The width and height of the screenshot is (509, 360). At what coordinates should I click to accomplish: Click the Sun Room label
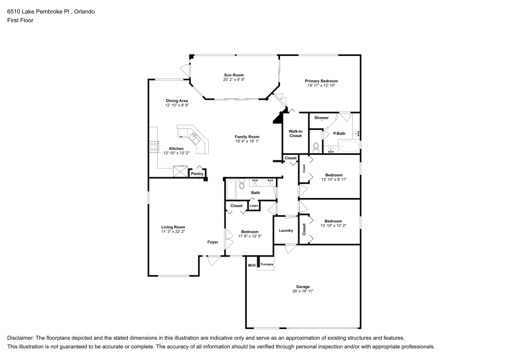click(234, 75)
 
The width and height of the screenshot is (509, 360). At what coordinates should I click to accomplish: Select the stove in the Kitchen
click(152, 147)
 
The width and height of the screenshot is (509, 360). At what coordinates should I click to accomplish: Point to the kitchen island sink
click(194, 137)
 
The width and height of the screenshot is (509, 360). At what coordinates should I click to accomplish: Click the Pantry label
click(197, 174)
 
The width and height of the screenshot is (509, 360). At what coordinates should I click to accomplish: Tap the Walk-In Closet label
click(296, 133)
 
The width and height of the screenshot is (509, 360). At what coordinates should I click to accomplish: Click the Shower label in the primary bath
click(321, 118)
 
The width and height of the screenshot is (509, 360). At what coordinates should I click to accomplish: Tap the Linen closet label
click(253, 206)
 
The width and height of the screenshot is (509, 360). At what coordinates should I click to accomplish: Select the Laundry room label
click(286, 230)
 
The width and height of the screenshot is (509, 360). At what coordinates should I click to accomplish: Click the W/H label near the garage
click(251, 265)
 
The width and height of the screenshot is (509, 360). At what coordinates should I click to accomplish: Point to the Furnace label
click(267, 264)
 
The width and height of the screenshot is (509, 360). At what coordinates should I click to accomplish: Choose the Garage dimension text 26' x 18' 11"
click(303, 291)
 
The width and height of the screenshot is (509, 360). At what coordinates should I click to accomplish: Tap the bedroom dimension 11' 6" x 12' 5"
click(250, 236)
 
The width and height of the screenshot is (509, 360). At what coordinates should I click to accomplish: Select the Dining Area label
click(177, 100)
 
